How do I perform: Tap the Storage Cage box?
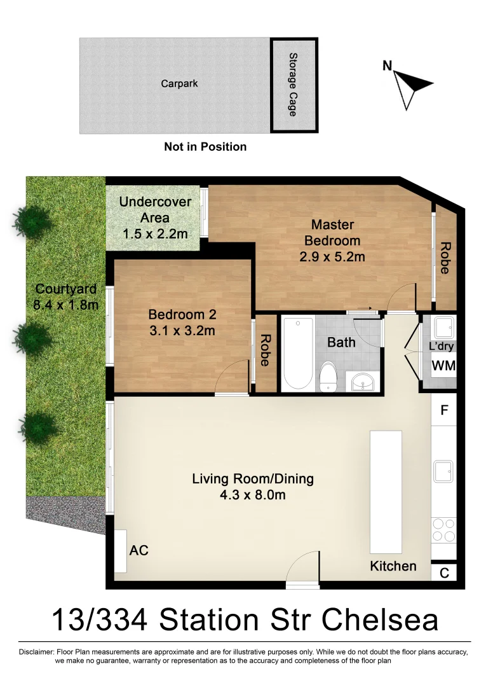click(x=294, y=85)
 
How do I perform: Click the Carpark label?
click(x=179, y=83)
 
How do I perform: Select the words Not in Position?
click(x=205, y=147)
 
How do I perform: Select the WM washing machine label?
click(x=443, y=366)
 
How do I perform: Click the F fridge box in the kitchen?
click(x=444, y=410)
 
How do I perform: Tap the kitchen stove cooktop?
click(x=443, y=530)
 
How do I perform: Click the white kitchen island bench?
click(x=386, y=492)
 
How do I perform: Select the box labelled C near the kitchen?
click(x=444, y=573)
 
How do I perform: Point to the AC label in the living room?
click(x=138, y=550)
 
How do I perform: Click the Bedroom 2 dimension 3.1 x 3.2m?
click(x=182, y=330)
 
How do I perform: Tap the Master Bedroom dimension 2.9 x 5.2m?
click(x=332, y=257)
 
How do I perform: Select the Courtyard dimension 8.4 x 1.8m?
click(x=66, y=305)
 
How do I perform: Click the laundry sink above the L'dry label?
click(x=443, y=329)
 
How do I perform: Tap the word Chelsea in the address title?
click(x=379, y=620)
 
